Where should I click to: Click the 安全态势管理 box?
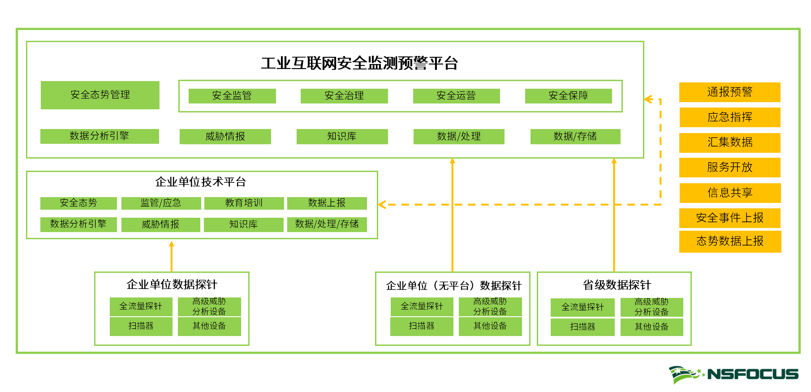pyautogui.click(x=100, y=95)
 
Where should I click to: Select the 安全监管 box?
pyautogui.click(x=232, y=96)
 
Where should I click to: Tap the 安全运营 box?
pyautogui.click(x=456, y=96)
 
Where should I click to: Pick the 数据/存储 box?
pyautogui.click(x=575, y=136)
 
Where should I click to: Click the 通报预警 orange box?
pyautogui.click(x=729, y=92)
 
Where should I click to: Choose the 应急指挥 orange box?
pyautogui.click(x=729, y=117)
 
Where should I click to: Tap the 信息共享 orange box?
pyautogui.click(x=729, y=193)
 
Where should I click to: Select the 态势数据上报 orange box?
pyautogui.click(x=729, y=241)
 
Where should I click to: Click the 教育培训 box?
pyautogui.click(x=244, y=203)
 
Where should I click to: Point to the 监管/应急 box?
pyautogui.click(x=161, y=203)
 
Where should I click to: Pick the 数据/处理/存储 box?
pyautogui.click(x=327, y=224)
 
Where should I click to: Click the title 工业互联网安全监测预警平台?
pyautogui.click(x=359, y=63)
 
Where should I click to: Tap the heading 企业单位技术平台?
pyautogui.click(x=200, y=182)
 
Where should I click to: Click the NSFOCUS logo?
pyautogui.click(x=733, y=374)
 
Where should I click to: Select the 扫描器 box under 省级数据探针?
pyautogui.click(x=582, y=327)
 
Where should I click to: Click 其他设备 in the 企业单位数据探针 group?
pyautogui.click(x=209, y=326)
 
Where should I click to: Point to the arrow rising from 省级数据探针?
pyautogui.click(x=614, y=215)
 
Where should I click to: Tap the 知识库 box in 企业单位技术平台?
pyautogui.click(x=243, y=224)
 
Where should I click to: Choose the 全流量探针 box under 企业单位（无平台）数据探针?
pyautogui.click(x=422, y=306)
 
